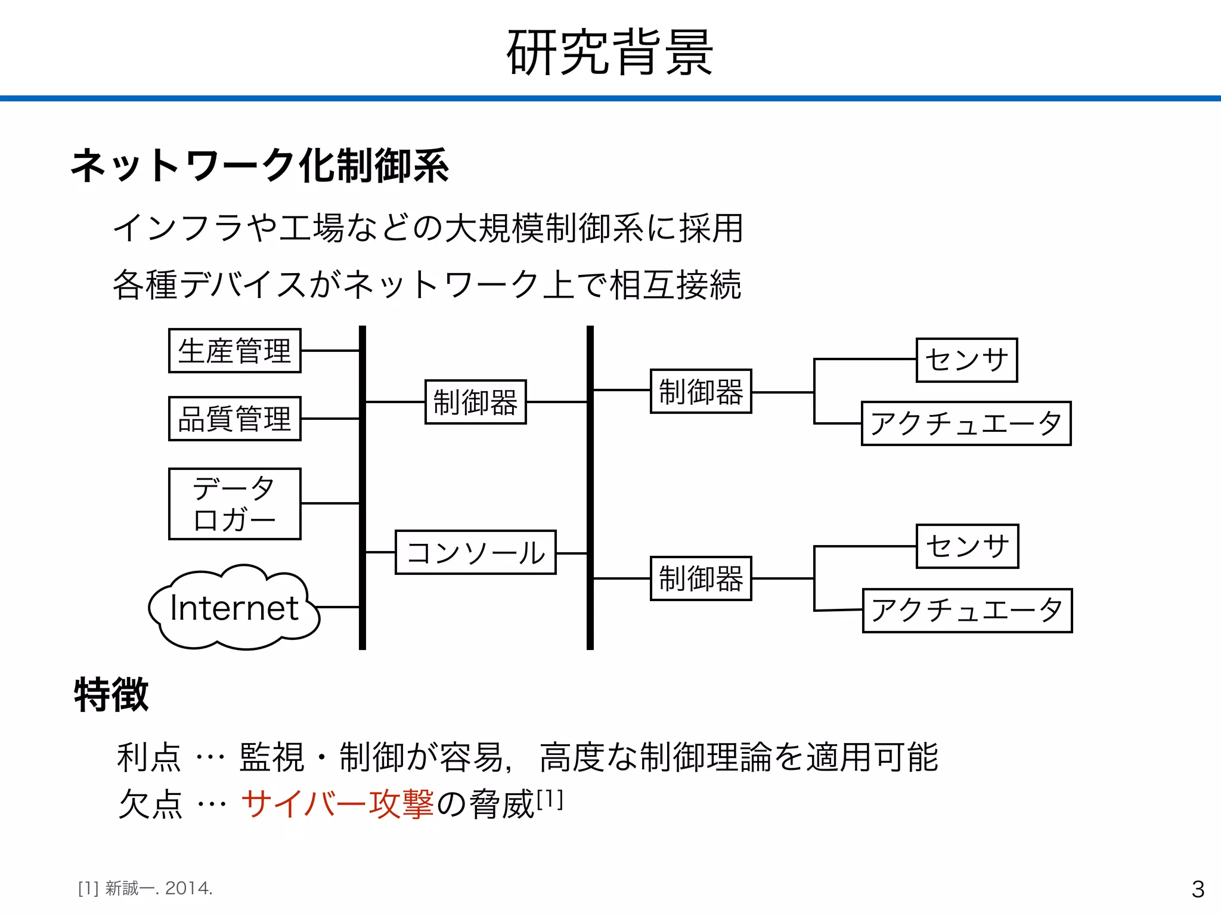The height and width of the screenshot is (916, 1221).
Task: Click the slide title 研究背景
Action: point(609,52)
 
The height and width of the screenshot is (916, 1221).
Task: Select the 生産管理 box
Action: point(234,351)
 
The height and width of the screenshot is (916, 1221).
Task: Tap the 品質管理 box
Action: point(234,419)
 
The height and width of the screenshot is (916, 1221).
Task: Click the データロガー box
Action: point(234,504)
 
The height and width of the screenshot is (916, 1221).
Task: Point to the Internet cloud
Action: point(234,608)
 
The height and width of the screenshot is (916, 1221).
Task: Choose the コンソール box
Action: point(475,552)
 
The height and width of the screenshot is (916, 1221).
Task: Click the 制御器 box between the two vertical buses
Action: point(475,402)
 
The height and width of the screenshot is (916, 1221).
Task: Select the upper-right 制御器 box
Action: point(701,391)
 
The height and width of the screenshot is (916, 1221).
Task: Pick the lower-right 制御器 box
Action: point(701,578)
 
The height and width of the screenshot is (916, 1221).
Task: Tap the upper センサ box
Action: point(966,360)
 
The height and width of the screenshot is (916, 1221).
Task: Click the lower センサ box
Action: point(967,546)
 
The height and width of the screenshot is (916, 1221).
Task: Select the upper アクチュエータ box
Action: point(966,423)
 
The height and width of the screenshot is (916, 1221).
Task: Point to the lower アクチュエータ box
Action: point(967,611)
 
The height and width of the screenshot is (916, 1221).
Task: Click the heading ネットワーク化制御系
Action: point(259,166)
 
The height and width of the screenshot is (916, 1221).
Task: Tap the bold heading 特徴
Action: point(111,695)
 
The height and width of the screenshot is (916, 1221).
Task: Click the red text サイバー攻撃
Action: point(337,804)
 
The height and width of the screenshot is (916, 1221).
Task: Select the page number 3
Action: point(1198,889)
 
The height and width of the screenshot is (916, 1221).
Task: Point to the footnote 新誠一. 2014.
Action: point(159,889)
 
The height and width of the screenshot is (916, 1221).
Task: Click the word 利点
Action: point(148,757)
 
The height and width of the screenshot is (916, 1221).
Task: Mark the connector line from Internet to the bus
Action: point(337,607)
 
